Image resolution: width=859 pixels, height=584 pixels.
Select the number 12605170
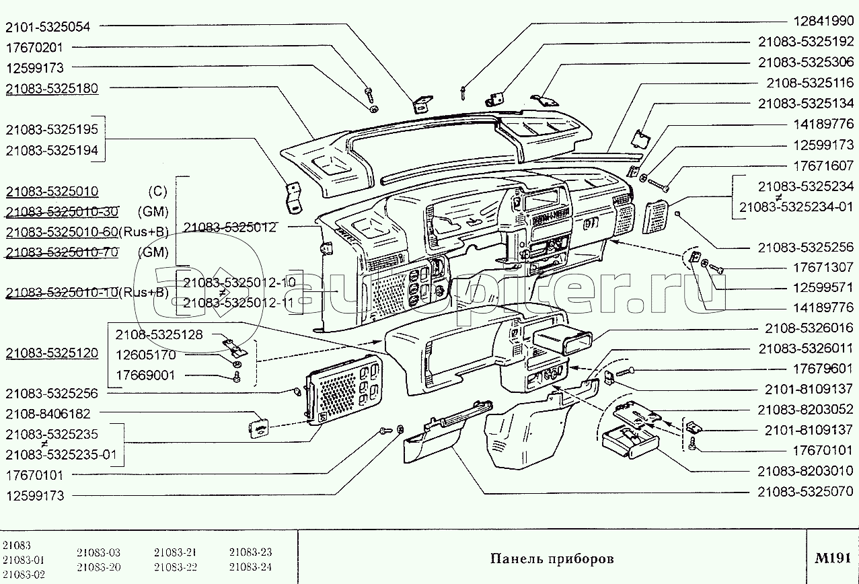point(145,355)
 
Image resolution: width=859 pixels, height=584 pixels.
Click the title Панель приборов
point(552,558)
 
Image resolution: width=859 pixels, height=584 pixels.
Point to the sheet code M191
point(833,558)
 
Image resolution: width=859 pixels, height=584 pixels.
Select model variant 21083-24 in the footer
point(250,567)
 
